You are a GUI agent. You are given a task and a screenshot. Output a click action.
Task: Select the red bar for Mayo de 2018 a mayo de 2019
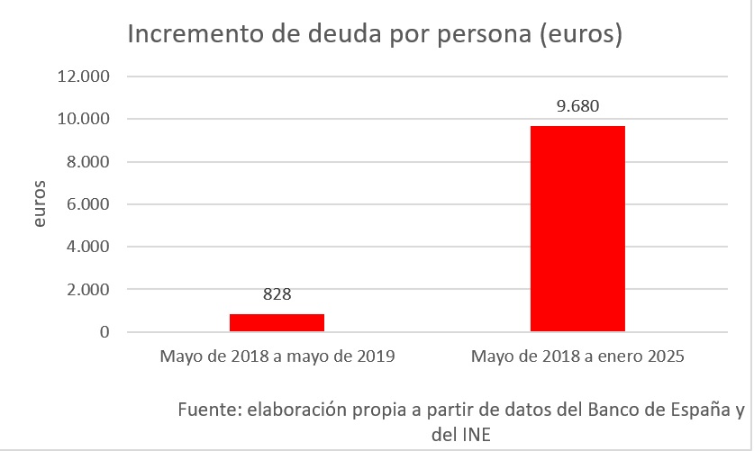coord(277,322)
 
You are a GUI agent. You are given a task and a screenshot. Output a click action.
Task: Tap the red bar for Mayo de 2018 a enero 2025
coord(577,229)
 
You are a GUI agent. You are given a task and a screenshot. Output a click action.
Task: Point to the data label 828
coord(277,295)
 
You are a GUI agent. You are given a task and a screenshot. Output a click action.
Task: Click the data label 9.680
coord(577,106)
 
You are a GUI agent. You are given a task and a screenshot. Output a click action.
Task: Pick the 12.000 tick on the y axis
coord(84,77)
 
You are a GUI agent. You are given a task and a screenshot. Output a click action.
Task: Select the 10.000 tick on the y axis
coord(84,119)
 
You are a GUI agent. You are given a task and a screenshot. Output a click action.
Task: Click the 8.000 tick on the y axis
coord(87,162)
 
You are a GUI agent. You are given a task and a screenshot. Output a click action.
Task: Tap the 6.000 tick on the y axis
coord(87,204)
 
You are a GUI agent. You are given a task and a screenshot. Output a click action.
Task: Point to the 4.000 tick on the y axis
coord(87,247)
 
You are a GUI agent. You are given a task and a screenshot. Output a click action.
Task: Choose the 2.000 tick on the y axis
coord(87,290)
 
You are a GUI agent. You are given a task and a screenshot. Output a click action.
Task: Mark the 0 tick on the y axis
coord(104,332)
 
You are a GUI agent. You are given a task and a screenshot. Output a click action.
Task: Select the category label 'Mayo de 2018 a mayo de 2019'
coord(277,356)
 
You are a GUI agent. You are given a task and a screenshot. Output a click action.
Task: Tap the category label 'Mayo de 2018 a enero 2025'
coord(577,356)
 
